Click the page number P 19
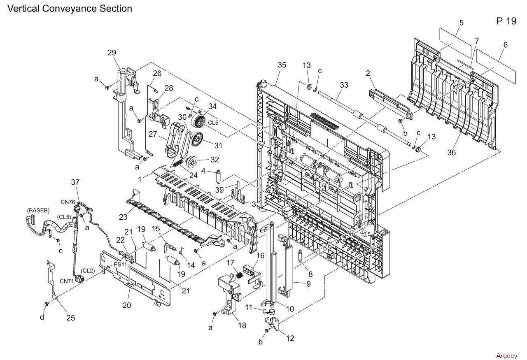[506, 21]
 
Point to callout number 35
[282, 65]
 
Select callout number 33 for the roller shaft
[344, 85]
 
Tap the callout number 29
[112, 53]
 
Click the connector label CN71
[66, 281]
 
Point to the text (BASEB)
[38, 210]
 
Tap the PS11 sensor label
[121, 264]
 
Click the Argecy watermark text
[506, 356]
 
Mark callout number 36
[452, 153]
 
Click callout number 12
[290, 338]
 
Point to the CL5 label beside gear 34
[213, 121]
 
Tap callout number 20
[127, 305]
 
